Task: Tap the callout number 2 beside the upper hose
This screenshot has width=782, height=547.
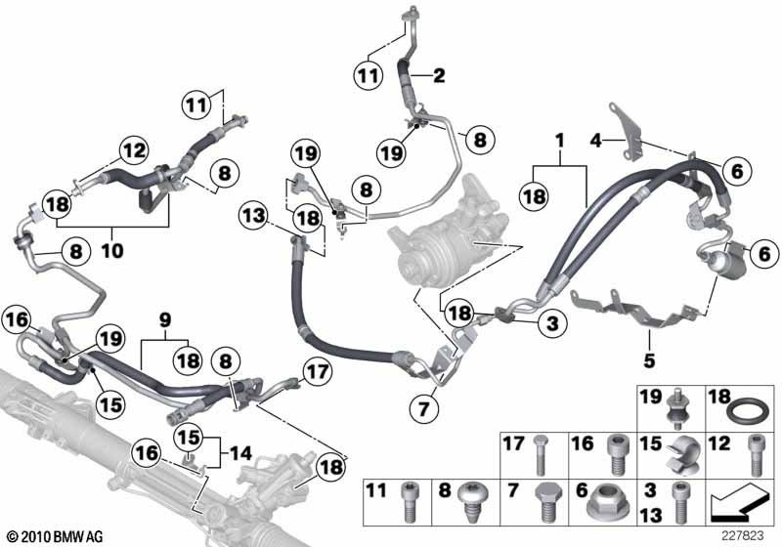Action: (439, 73)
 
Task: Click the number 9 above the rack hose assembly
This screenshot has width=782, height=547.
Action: (165, 318)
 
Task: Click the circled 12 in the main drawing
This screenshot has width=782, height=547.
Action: (134, 149)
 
